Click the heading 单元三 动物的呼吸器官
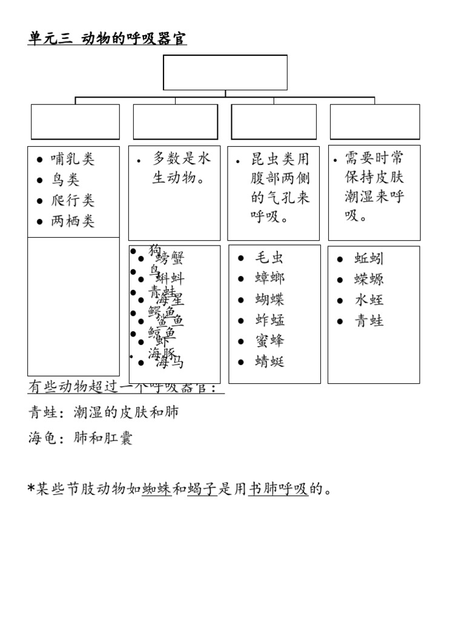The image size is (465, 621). point(107,39)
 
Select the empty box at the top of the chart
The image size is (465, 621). point(225,72)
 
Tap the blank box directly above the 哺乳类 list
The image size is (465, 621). point(75,121)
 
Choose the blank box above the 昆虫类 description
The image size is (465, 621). point(274,121)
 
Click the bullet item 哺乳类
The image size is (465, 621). point(73,159)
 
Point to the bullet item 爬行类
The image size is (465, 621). point(73,201)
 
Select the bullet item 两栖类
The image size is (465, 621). point(73,221)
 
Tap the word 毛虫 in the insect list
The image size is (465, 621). point(269,258)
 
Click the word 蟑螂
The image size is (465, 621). point(269,278)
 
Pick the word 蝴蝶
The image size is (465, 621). point(269,300)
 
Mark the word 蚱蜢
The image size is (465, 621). point(269,320)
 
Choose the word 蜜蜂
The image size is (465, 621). point(269,341)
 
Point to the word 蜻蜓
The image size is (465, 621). point(269,362)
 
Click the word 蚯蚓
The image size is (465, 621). point(369,258)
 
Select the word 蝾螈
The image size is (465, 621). point(369,279)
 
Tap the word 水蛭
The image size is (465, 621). point(369,300)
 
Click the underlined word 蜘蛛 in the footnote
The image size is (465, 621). point(156,489)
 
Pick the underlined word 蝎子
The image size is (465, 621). point(202,489)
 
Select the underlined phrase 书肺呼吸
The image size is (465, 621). point(279,489)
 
